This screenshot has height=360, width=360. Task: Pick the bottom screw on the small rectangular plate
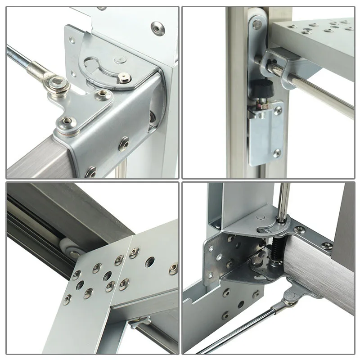pyautogui.click(x=277, y=153)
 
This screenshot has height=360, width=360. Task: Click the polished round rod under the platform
pyautogui.click(x=315, y=92)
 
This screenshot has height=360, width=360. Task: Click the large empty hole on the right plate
pyautogui.click(x=150, y=261)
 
